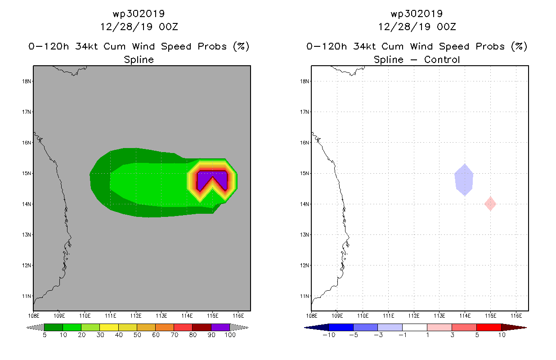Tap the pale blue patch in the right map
[x=464, y=180]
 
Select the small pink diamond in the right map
[x=490, y=204]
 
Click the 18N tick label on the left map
[x=26, y=81]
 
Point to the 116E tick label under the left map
[x=238, y=316]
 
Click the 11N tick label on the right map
[x=304, y=296]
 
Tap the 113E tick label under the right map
[x=439, y=316]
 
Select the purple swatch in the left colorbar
[x=220, y=327]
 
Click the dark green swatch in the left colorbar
[x=54, y=327]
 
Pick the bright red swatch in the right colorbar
[x=489, y=327]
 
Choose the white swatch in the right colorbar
[x=414, y=327]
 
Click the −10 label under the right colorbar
[x=329, y=335]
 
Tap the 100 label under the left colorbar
[x=230, y=335]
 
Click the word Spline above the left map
[x=139, y=60]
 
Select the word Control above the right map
[x=442, y=59]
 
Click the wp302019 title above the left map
[x=139, y=14]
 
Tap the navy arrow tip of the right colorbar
[x=305, y=328]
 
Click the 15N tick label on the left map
[x=26, y=173]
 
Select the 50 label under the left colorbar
[x=137, y=335]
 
